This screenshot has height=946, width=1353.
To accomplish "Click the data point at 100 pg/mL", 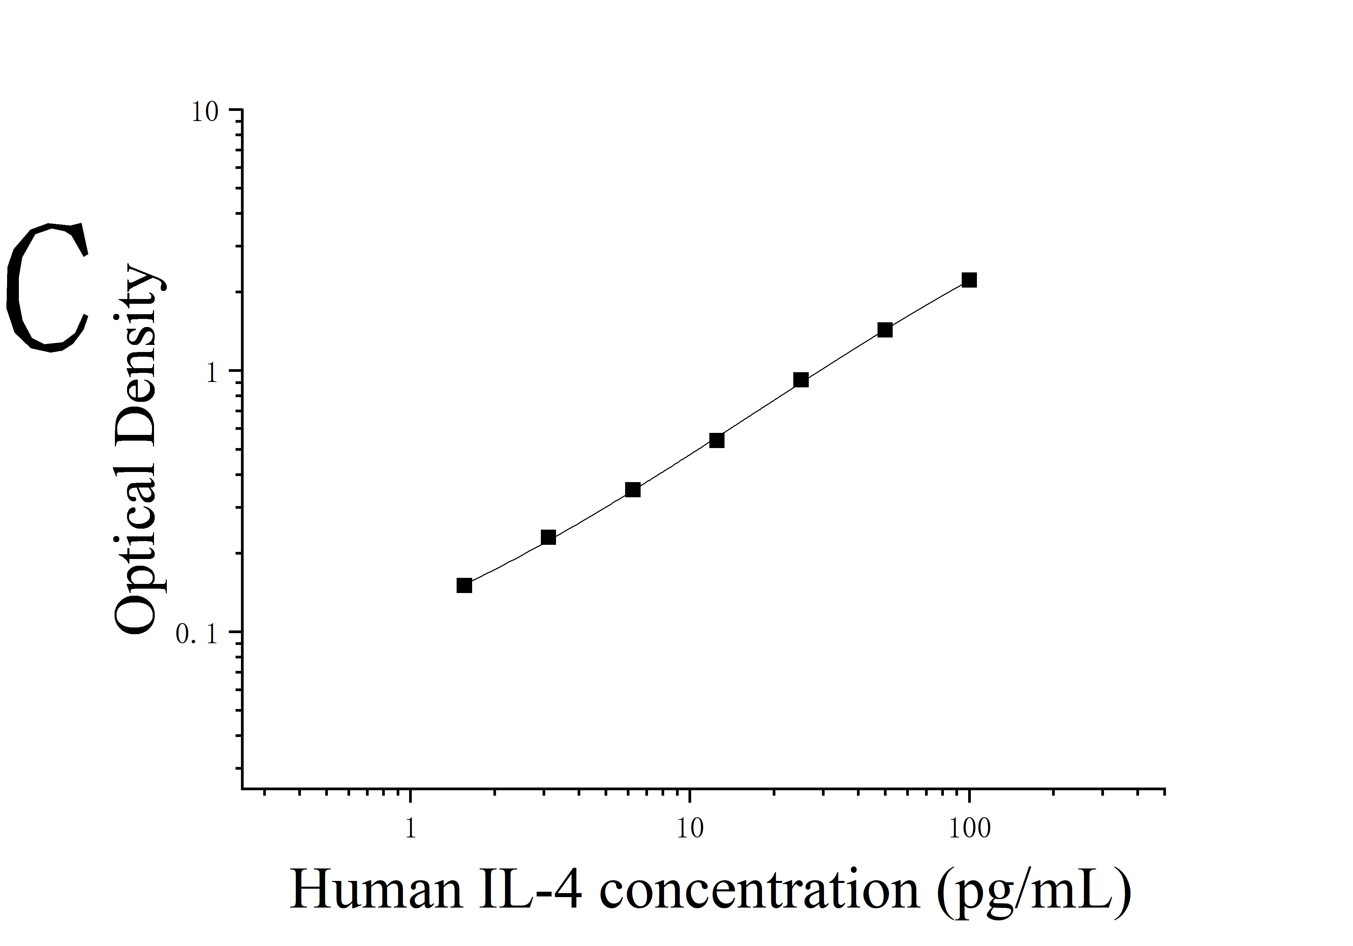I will pos(969,280).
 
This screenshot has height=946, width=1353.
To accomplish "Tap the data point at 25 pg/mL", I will pos(801,380).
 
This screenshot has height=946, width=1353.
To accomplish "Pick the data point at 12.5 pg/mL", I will pos(716,440).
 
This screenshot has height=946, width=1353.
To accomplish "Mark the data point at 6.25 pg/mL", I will pos(632,490).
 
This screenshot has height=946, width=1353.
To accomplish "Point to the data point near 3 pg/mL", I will pos(548,537).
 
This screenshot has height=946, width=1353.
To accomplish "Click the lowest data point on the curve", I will pos(464,585).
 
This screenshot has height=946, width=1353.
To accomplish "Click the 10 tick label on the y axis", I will pos(205,112).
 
